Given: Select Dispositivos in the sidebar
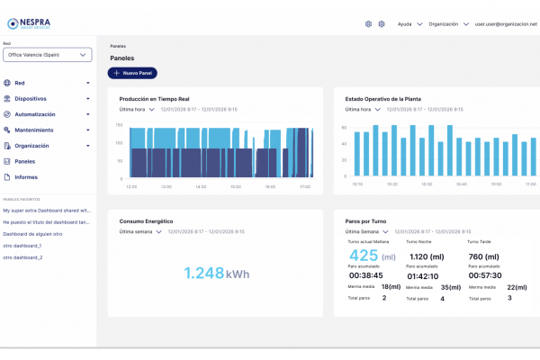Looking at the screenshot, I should pyautogui.click(x=31, y=99).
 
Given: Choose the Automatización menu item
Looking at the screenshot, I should pyautogui.click(x=34, y=114).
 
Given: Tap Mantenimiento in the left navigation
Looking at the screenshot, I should pyautogui.click(x=33, y=130).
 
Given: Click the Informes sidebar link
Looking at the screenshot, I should pyautogui.click(x=26, y=176).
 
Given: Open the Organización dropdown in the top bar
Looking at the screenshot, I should pyautogui.click(x=447, y=24).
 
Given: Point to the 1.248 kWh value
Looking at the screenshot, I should pyautogui.click(x=217, y=274).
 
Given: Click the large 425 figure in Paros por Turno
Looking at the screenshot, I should pyautogui.click(x=362, y=255).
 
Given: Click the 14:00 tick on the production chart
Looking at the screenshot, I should pyautogui.click(x=200, y=186).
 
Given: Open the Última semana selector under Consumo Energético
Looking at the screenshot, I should pyautogui.click(x=140, y=231).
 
